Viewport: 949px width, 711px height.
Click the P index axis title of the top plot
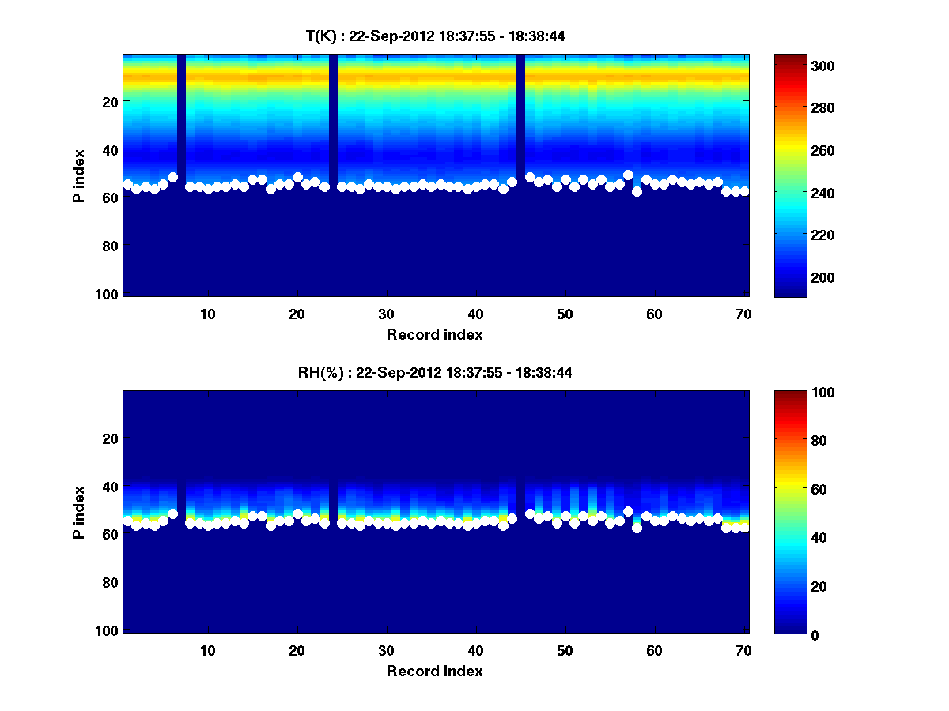[79, 175]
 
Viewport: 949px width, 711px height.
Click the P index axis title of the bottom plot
[79, 511]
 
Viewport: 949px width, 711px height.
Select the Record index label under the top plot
[435, 334]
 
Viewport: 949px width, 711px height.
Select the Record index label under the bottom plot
[435, 671]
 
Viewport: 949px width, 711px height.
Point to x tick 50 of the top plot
[565, 314]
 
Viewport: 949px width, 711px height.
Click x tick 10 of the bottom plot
[207, 650]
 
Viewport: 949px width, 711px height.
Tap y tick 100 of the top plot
[110, 294]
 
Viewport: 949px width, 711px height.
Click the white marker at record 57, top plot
[628, 175]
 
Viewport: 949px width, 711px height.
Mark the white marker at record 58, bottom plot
[637, 528]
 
